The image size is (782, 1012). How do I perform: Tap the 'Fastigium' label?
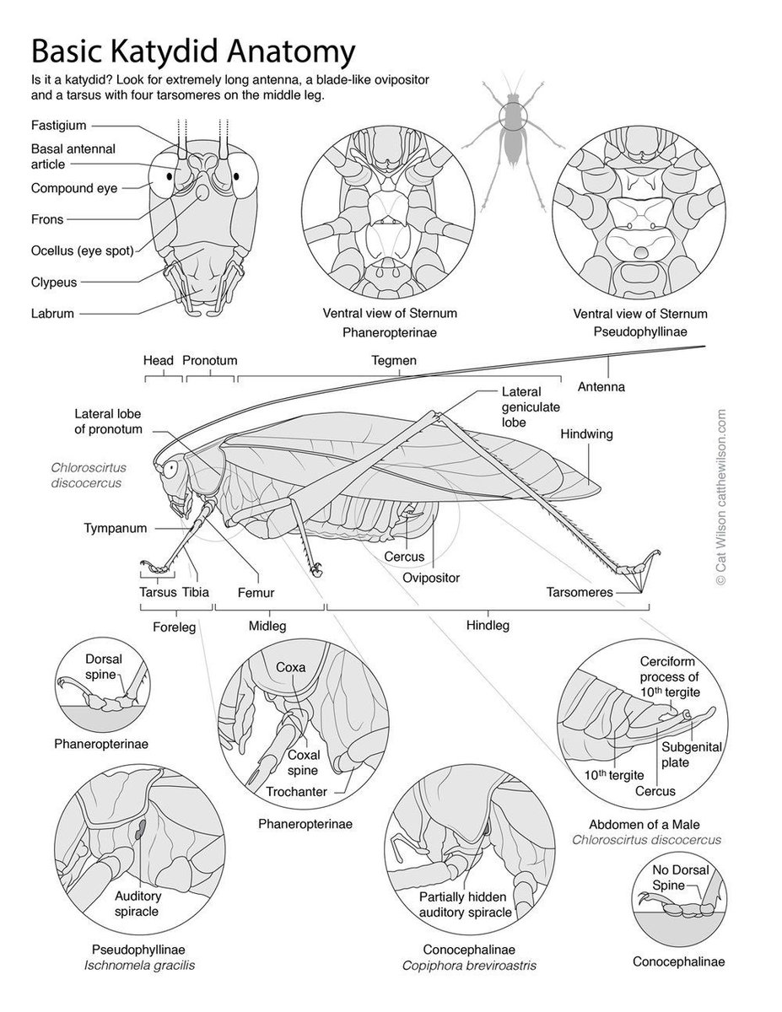click(x=59, y=126)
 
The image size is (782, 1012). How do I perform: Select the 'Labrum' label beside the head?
click(x=53, y=313)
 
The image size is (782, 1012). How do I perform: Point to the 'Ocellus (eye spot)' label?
click(x=82, y=250)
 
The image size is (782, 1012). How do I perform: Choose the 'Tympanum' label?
click(x=116, y=529)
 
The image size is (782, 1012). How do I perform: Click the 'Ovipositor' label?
click(x=430, y=578)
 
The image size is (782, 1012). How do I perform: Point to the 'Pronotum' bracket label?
click(x=209, y=360)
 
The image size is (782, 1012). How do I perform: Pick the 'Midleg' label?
click(x=267, y=626)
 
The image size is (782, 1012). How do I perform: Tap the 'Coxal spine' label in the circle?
click(x=302, y=762)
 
